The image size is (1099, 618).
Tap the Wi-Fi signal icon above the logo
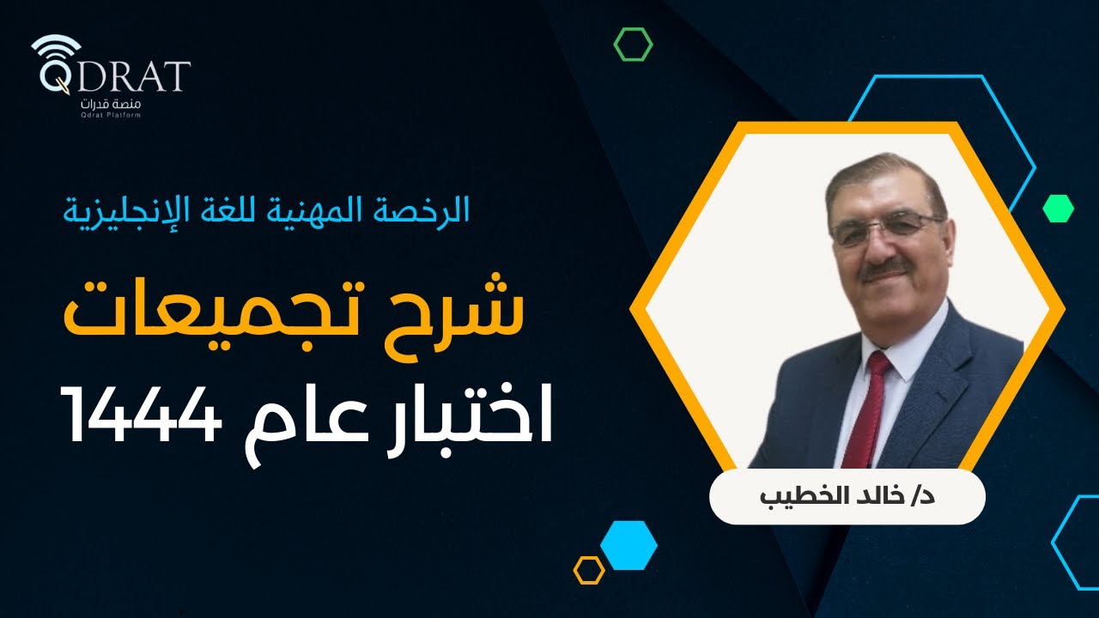[x=56, y=48]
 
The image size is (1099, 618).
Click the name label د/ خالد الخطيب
[x=847, y=497]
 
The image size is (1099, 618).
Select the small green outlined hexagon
[x=633, y=44]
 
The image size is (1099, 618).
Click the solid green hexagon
[x=1058, y=208]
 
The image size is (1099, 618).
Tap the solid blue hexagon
[x=628, y=545]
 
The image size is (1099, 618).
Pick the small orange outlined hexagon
[x=589, y=570]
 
